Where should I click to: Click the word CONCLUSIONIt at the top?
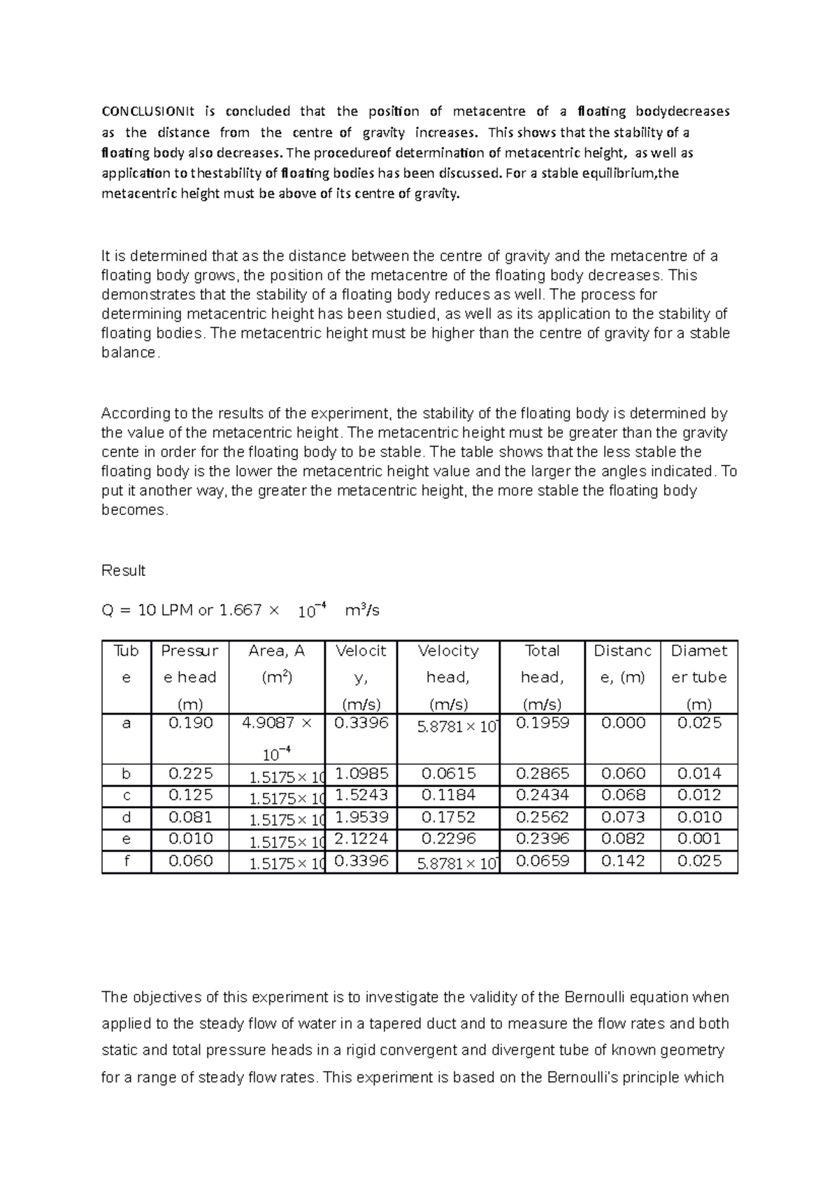coord(147,111)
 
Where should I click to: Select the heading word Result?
coord(123,570)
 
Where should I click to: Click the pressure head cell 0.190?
coord(191,723)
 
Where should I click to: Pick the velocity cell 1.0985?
coord(361,773)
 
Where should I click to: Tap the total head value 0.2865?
coord(542,773)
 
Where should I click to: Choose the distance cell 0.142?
coord(623,861)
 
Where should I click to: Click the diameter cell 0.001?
coord(699,838)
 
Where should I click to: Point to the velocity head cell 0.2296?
coord(448,838)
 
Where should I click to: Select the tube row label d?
coord(126,816)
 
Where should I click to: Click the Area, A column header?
coord(277,651)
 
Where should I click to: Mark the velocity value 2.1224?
coord(361,838)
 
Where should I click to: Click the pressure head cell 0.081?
coord(191,816)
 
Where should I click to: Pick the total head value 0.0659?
coord(542,861)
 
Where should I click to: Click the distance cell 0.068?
coord(623,795)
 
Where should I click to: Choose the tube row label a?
coord(126,723)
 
